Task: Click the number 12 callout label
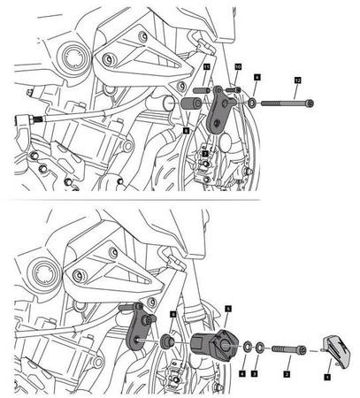coord(297,81)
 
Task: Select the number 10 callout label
coord(238,67)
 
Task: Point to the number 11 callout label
coord(205,67)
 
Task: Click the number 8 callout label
coord(186,129)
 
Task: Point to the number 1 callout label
coord(326,375)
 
